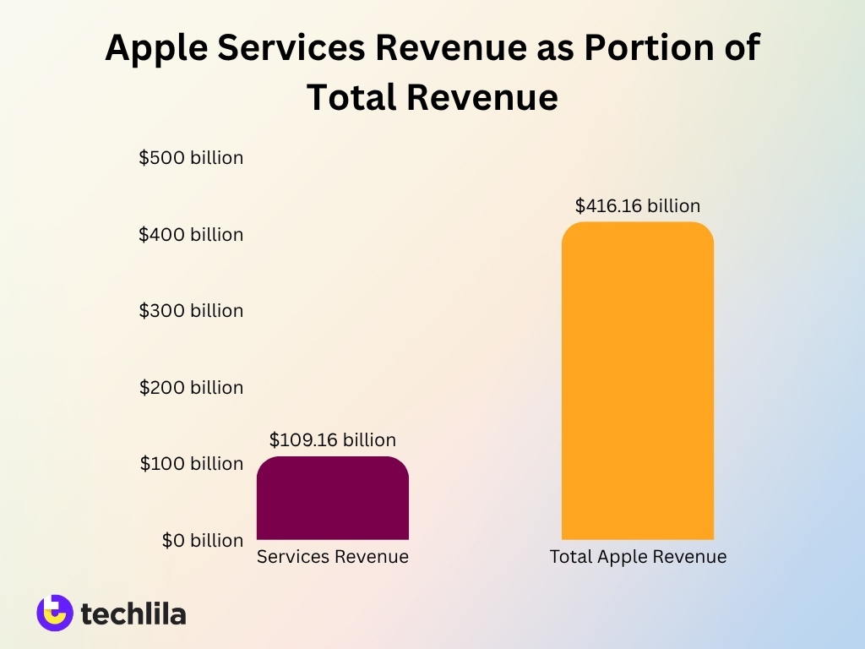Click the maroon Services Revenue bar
tap(332, 499)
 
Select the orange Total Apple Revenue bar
tap(637, 381)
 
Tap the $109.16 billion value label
tap(332, 440)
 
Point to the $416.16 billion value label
tap(637, 205)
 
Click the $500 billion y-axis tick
tap(191, 158)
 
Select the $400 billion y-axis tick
tap(191, 234)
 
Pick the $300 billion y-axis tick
tap(191, 311)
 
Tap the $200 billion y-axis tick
tap(191, 387)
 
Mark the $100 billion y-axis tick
tap(191, 463)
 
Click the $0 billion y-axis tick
tap(203, 540)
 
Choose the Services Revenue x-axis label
tap(332, 557)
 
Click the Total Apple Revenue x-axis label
tap(638, 557)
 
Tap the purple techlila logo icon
tap(55, 613)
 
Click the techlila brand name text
tap(133, 614)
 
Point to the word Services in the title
tap(292, 49)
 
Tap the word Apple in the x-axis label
tap(621, 557)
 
